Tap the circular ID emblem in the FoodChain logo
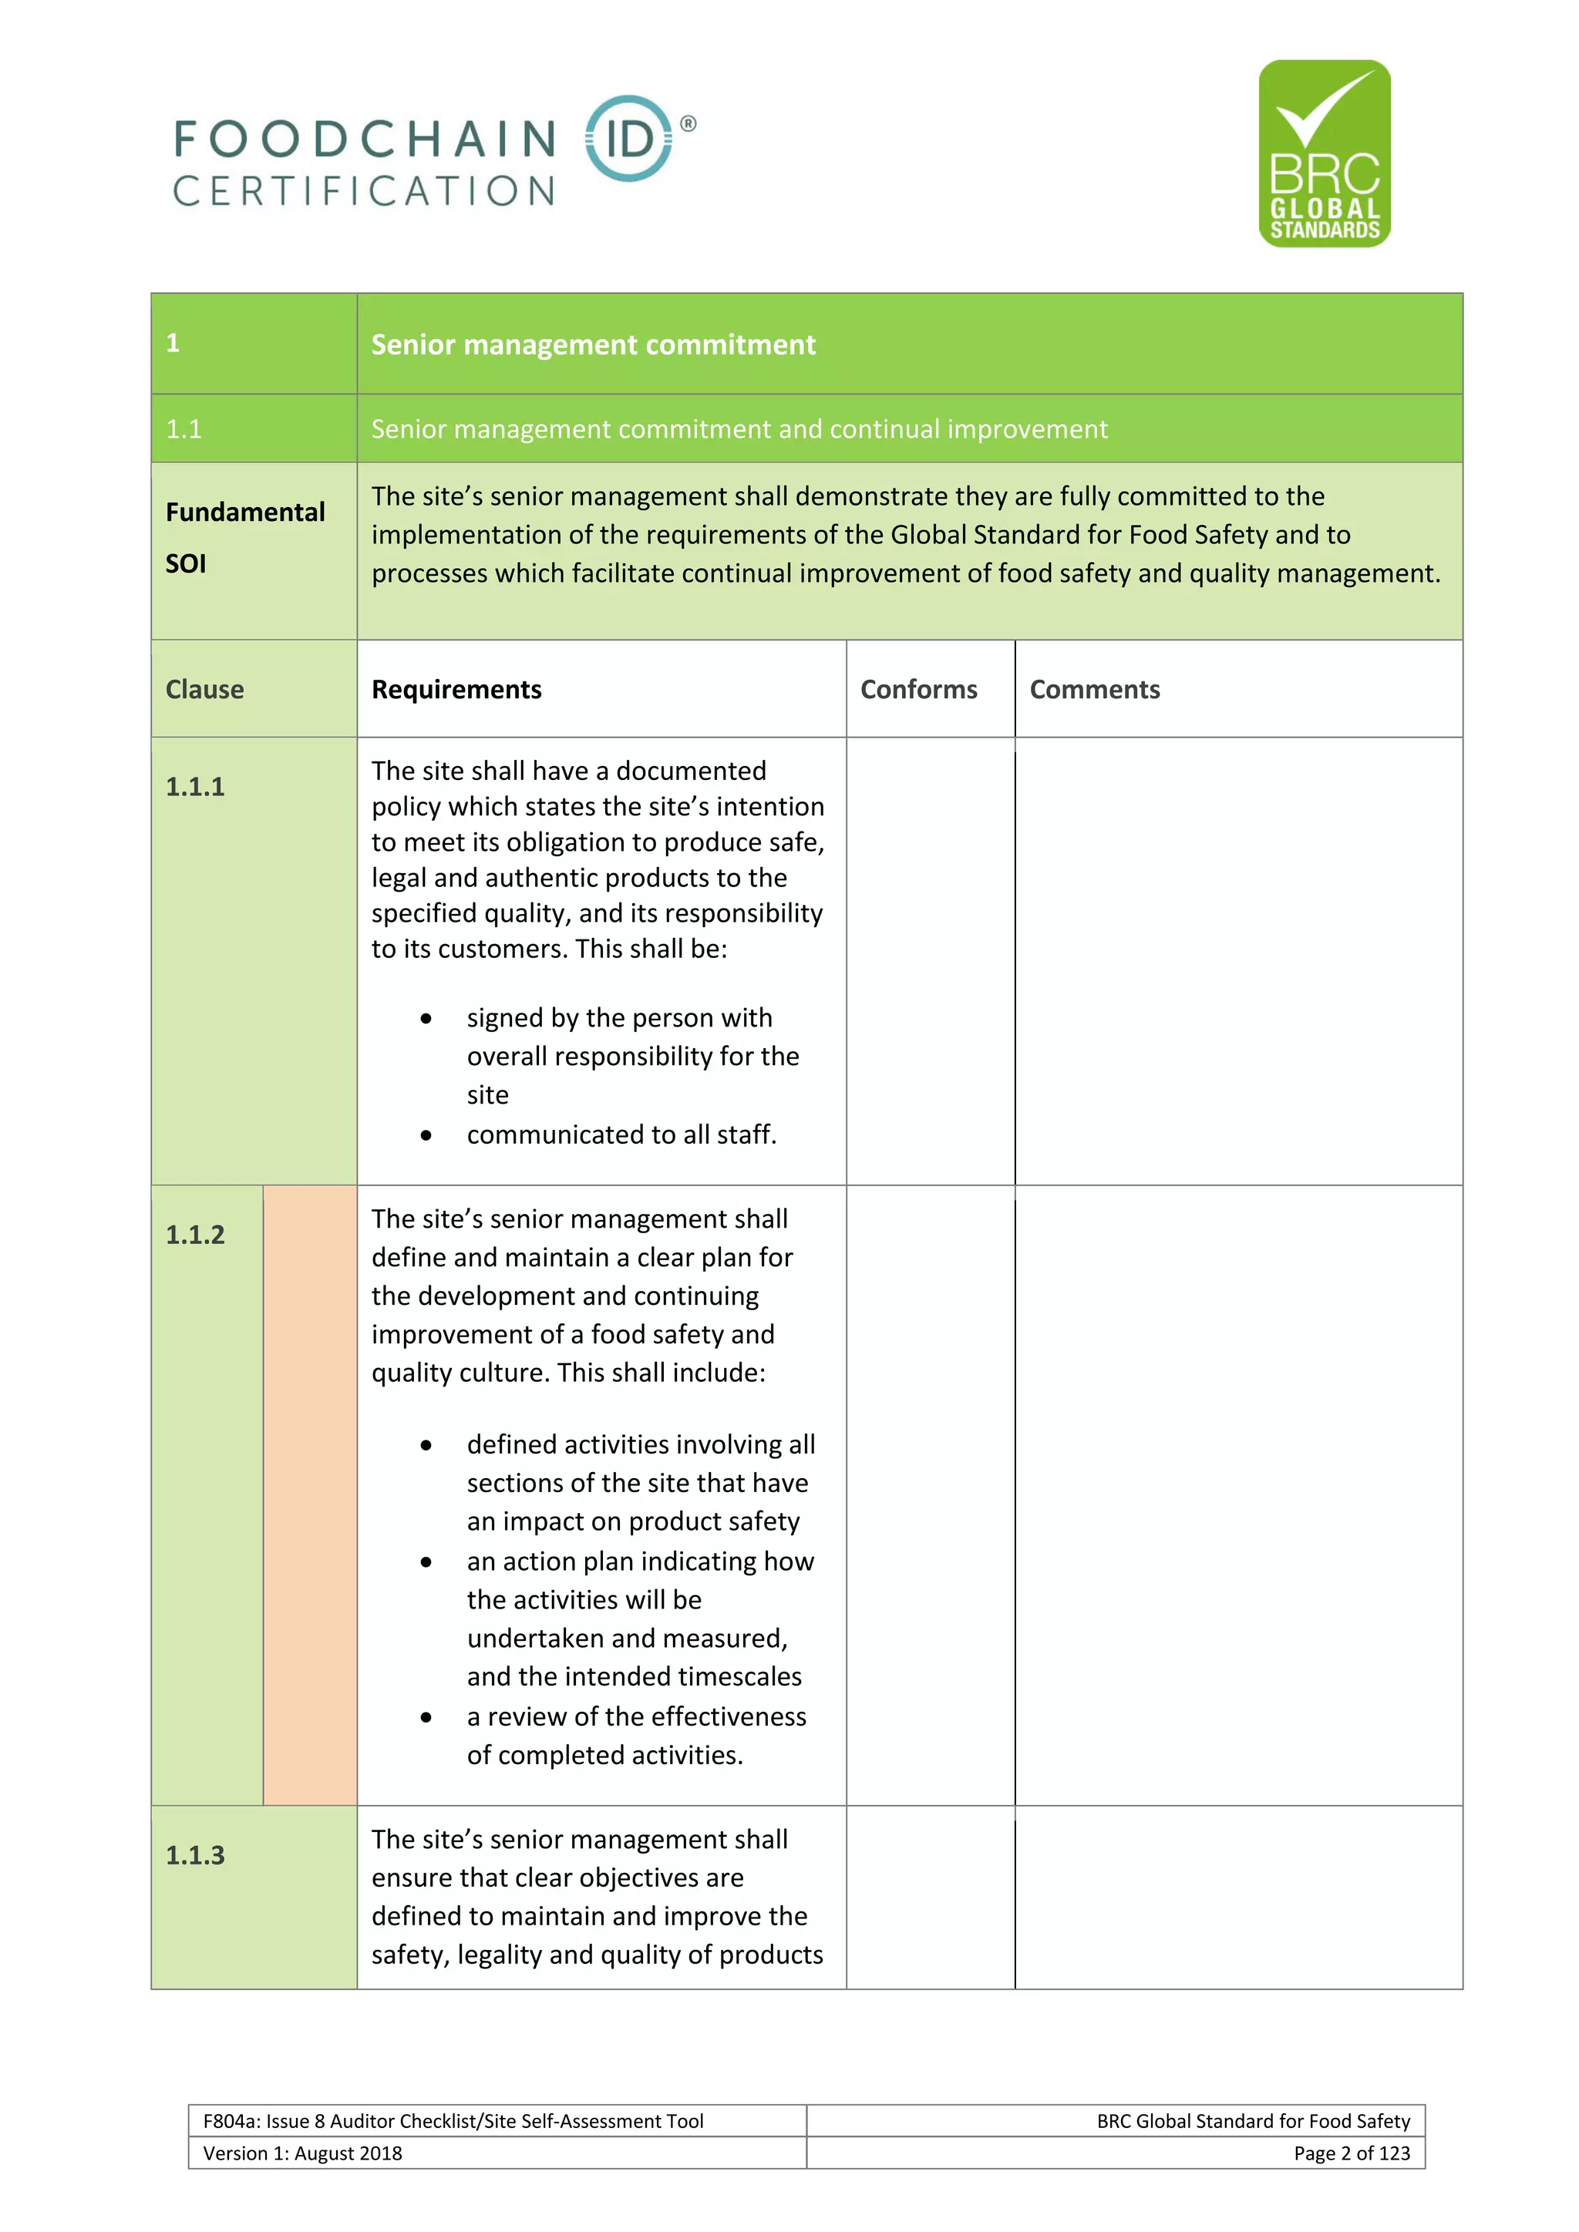628,139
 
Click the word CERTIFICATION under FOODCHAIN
364,191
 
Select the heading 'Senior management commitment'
593,345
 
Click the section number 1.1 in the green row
183,429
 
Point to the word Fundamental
245,513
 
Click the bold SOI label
186,564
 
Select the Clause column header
204,689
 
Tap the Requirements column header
456,689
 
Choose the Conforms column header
919,689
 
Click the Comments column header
1095,689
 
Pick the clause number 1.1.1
194,786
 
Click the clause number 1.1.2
194,1235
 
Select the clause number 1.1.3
194,1855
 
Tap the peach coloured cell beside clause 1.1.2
310,1494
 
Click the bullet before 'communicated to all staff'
426,1135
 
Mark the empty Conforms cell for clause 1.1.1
931,960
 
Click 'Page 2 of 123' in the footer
1351,2153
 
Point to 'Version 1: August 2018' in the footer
302,2153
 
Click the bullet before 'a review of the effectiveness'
426,1718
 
